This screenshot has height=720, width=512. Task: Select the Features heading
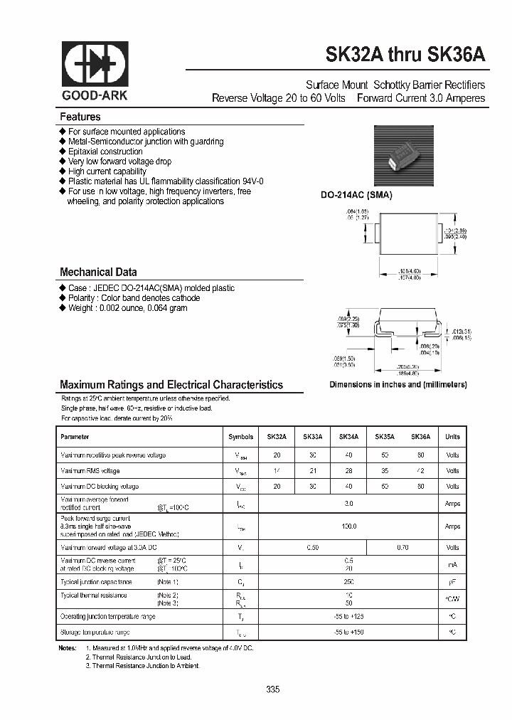click(80, 117)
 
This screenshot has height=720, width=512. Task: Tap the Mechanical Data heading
click(98, 272)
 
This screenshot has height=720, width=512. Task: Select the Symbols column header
click(240, 437)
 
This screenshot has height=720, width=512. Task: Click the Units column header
click(452, 437)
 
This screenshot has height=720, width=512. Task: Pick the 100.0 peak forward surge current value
click(348, 526)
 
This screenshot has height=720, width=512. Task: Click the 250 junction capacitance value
click(348, 581)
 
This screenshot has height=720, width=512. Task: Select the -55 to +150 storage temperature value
click(348, 632)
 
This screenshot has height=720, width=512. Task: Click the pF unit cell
click(452, 581)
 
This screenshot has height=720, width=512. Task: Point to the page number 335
click(273, 689)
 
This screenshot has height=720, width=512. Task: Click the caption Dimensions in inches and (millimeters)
click(398, 384)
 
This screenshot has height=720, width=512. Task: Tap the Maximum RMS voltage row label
click(90, 471)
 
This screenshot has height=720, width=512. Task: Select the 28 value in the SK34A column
click(348, 471)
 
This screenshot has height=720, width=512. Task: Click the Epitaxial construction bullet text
click(105, 152)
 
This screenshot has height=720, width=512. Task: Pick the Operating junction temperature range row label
click(107, 615)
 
